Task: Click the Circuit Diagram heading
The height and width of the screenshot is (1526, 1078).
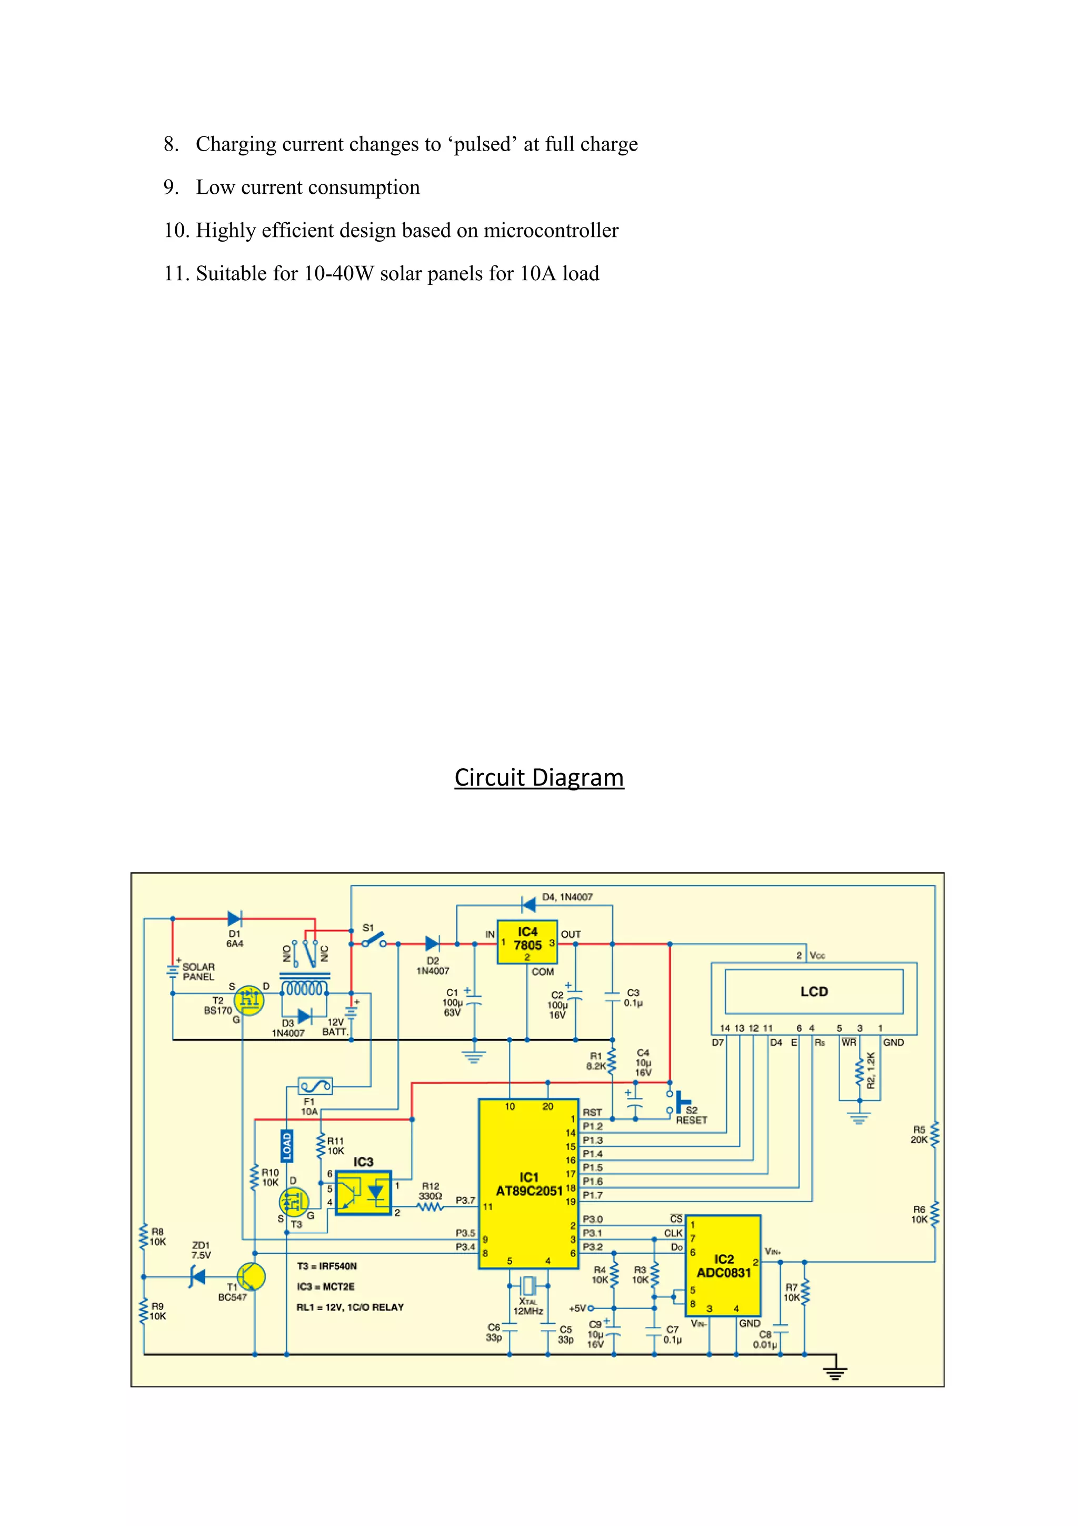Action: point(538,777)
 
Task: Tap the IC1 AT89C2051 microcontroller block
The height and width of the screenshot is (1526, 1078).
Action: point(528,1184)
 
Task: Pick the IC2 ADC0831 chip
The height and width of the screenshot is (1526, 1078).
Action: point(723,1266)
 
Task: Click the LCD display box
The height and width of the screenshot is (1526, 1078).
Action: point(814,992)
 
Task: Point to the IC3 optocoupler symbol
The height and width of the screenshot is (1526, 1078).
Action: point(363,1192)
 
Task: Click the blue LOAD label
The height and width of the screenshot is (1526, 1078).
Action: point(287,1146)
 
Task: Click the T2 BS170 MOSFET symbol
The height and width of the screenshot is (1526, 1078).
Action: point(249,999)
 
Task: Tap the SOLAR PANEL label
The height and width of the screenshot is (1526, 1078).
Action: point(198,972)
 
